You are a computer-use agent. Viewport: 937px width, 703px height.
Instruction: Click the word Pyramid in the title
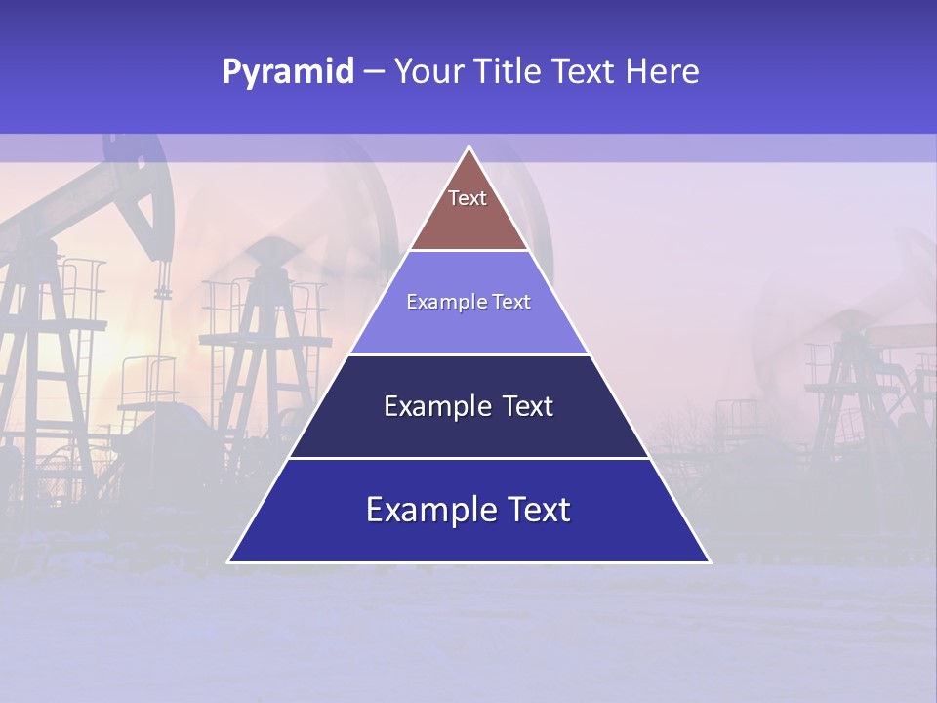[x=287, y=72]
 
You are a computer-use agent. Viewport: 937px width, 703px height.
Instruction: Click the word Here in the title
[x=663, y=72]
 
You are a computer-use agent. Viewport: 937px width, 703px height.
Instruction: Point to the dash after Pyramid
[x=374, y=72]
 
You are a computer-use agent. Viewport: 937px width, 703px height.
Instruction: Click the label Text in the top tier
[x=468, y=198]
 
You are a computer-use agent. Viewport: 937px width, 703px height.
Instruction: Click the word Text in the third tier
[x=528, y=406]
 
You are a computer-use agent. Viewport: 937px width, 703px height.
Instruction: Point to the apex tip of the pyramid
[x=468, y=148]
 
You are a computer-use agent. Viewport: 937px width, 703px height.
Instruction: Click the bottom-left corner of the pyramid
[x=230, y=561]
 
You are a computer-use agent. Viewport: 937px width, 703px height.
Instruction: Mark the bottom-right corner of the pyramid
[x=708, y=561]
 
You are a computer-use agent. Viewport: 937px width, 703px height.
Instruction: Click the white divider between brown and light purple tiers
[x=468, y=251]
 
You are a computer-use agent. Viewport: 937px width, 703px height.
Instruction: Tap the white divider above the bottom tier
[x=468, y=458]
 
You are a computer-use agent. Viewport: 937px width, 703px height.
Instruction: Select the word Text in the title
[x=584, y=72]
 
